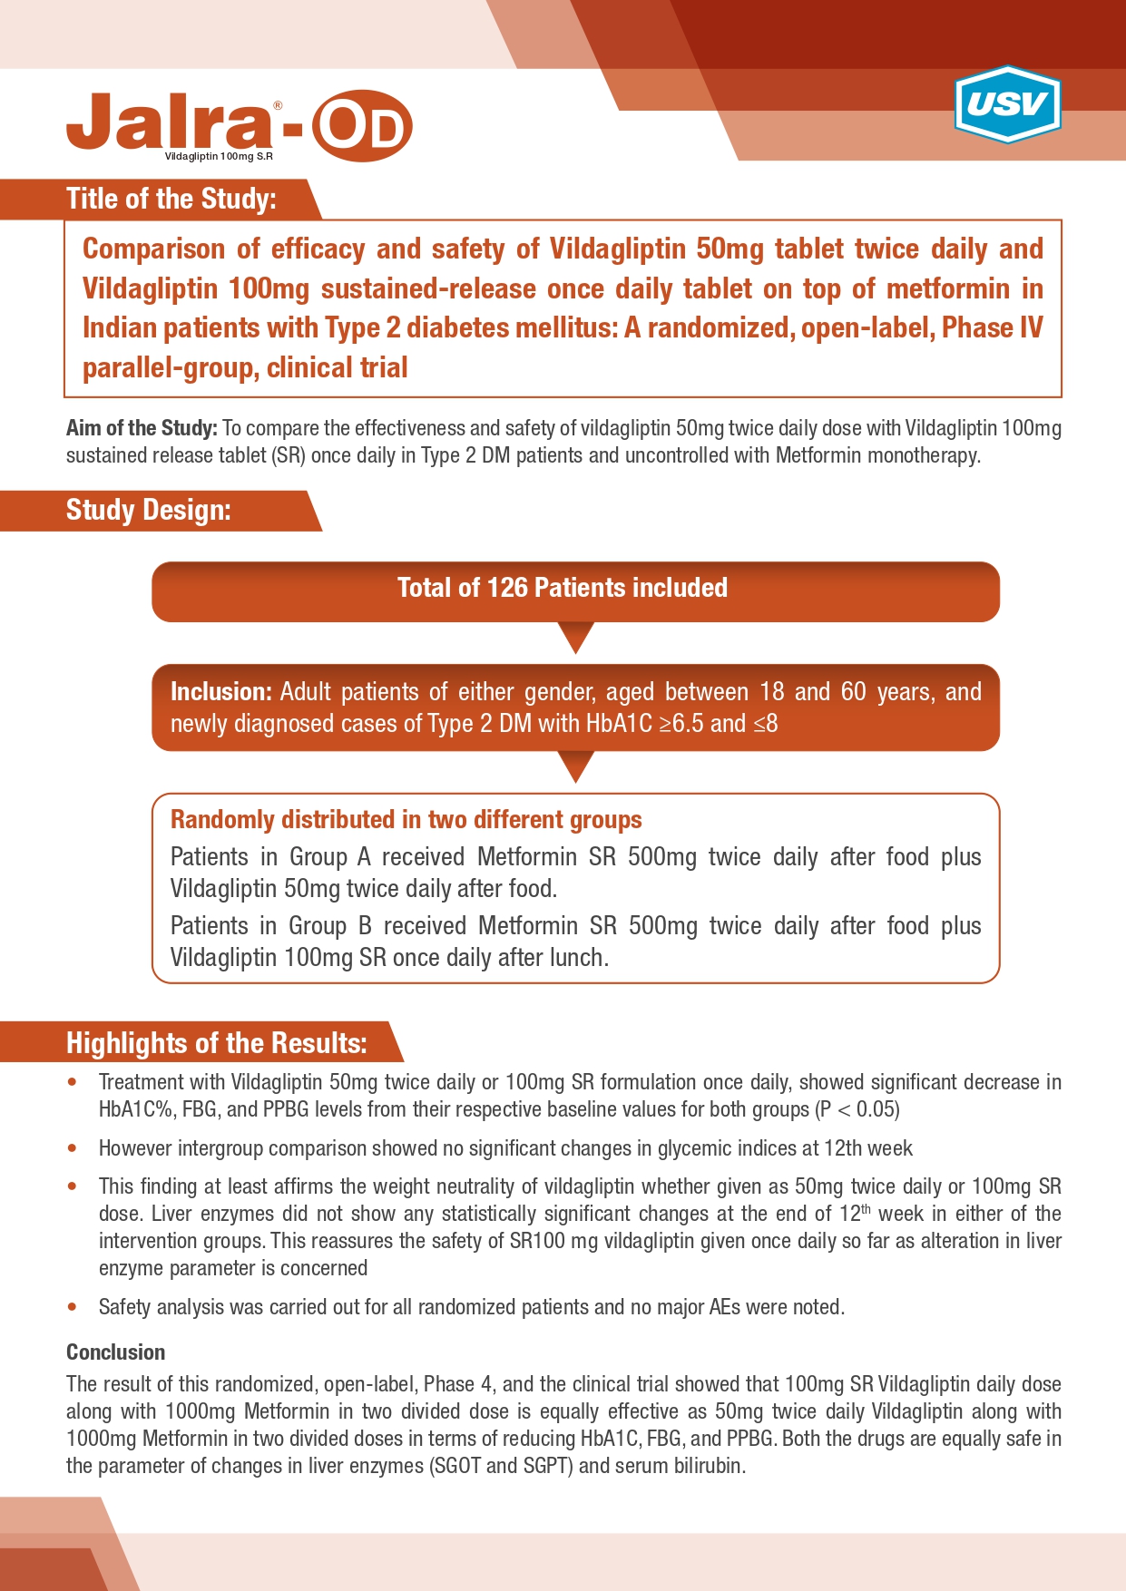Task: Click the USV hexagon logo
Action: [x=1007, y=104]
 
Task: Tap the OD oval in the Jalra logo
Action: [x=362, y=127]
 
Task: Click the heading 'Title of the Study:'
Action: [x=171, y=199]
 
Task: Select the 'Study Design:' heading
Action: [x=148, y=510]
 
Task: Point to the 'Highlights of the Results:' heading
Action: [x=216, y=1043]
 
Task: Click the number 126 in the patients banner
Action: [x=507, y=588]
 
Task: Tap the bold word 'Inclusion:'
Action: [x=220, y=692]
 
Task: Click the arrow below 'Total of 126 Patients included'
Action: [x=575, y=637]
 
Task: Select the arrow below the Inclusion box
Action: [x=575, y=766]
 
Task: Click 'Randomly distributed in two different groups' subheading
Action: [x=406, y=820]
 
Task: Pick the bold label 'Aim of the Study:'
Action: [x=142, y=428]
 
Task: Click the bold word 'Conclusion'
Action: [x=115, y=1352]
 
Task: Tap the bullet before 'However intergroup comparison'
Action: [x=73, y=1148]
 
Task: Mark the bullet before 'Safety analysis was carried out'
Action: [x=73, y=1307]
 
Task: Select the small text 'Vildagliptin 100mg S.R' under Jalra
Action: [x=219, y=157]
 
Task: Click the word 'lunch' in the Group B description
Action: [x=575, y=958]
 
